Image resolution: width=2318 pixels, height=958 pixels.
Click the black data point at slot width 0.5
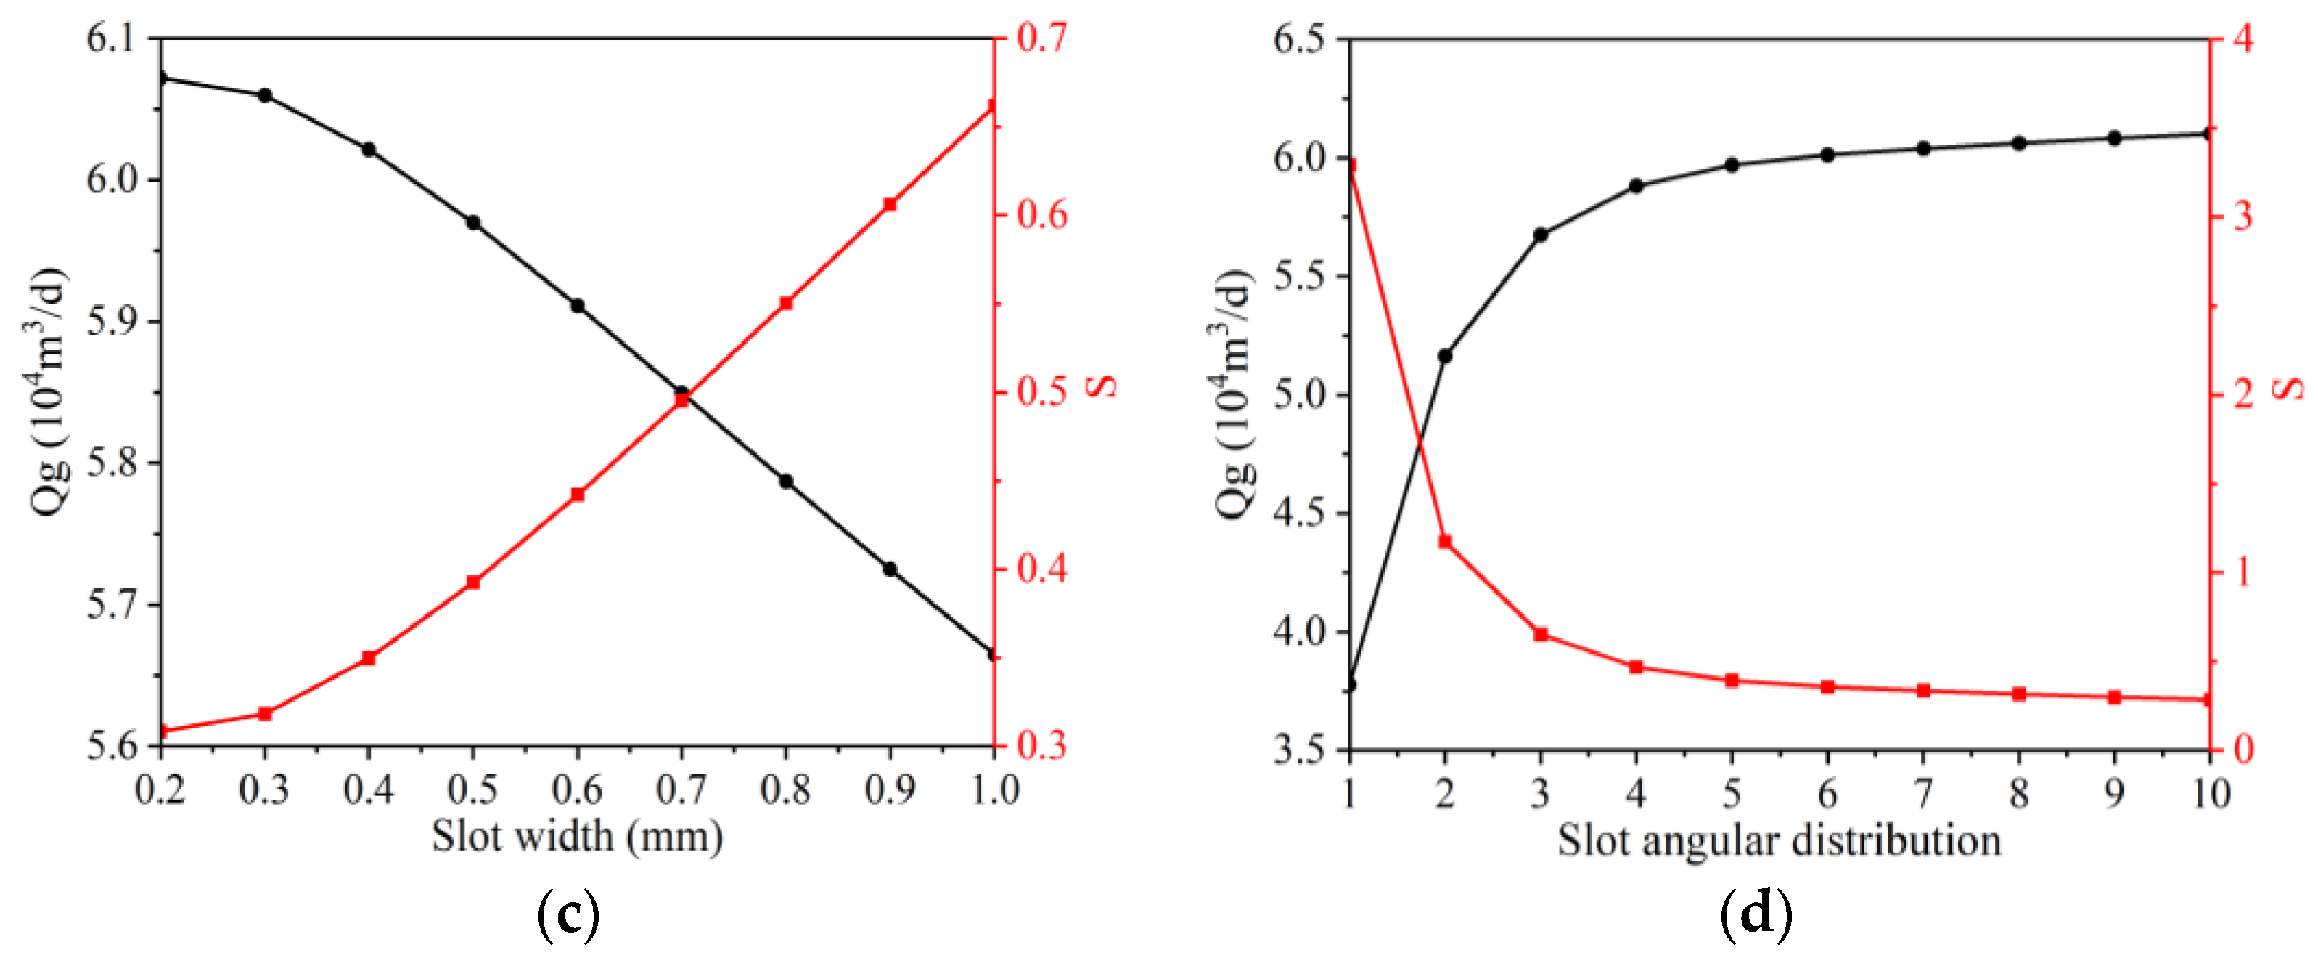coord(473,222)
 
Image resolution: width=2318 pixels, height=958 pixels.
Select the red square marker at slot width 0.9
coord(890,204)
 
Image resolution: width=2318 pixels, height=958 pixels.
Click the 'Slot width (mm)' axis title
coord(577,837)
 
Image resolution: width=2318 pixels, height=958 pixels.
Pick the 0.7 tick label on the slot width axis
coord(681,790)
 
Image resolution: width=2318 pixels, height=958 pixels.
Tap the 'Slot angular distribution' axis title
coord(1779,840)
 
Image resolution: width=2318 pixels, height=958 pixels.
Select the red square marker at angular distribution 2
coord(1445,542)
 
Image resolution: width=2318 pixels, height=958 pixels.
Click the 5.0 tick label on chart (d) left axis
coord(1299,394)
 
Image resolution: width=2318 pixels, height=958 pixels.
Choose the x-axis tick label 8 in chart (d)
coord(2019,793)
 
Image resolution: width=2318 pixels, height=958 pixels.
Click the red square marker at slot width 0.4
coord(368,658)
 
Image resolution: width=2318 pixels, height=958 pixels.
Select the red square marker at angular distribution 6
coord(1827,687)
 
